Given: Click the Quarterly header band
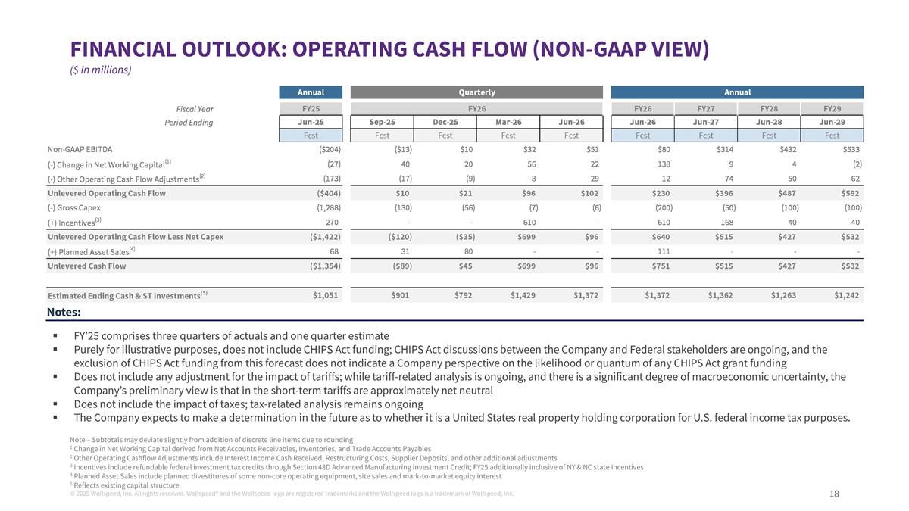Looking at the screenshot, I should (476, 92).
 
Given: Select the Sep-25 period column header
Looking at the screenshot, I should (382, 122).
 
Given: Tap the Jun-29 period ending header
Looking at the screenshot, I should (832, 122).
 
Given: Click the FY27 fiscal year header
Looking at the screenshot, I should (705, 108).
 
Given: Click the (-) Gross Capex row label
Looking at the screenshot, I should (73, 207).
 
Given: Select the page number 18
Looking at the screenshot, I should (834, 494).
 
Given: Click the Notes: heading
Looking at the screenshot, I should (64, 312).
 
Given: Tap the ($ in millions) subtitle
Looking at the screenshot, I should (100, 70).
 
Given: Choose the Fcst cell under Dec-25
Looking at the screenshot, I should (445, 136).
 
